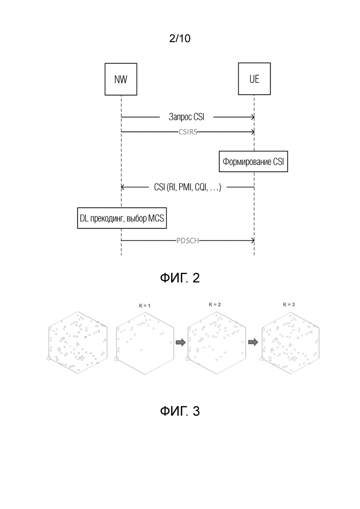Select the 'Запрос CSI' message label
[x=186, y=117]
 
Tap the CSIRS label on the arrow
[x=188, y=132]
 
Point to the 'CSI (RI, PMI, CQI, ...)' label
[x=188, y=187]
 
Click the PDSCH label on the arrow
[x=188, y=240]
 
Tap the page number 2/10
[x=180, y=38]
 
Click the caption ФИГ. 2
[x=180, y=278]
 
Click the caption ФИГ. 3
[x=180, y=411]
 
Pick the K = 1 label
[x=144, y=305]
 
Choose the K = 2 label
[x=215, y=305]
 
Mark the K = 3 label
[x=289, y=305]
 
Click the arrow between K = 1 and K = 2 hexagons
[x=180, y=342]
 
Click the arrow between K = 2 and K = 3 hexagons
[x=253, y=342]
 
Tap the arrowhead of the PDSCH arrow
[x=253, y=240]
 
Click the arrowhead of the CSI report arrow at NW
[x=122, y=187]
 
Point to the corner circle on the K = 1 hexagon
[x=116, y=359]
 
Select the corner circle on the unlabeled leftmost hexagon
[x=49, y=358]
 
